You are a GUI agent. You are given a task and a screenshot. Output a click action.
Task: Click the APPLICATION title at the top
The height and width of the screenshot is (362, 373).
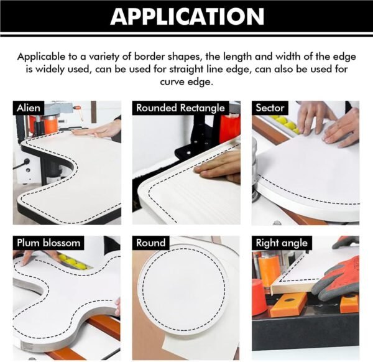186,17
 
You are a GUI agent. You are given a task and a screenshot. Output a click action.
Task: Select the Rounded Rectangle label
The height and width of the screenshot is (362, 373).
180,108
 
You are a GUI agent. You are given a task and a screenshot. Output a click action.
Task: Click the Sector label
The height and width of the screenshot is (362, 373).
270,108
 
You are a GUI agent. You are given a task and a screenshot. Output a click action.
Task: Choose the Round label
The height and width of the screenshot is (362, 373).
151,243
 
